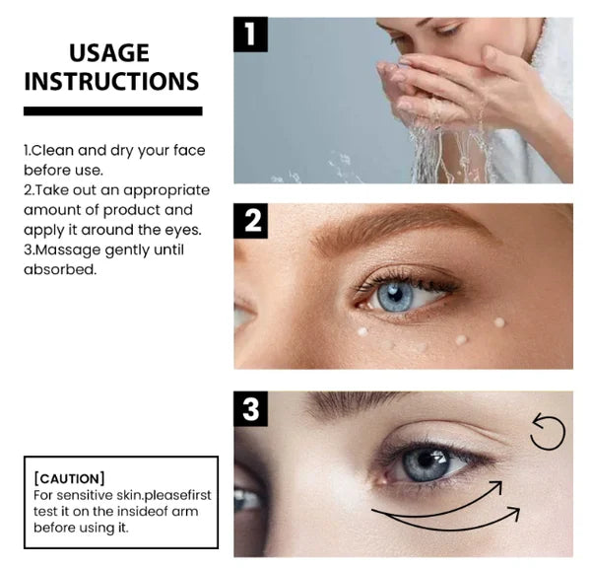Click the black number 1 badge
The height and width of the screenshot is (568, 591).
pyautogui.click(x=250, y=35)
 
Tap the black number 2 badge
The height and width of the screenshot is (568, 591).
pyautogui.click(x=250, y=221)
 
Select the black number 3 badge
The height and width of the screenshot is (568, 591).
pyautogui.click(x=250, y=408)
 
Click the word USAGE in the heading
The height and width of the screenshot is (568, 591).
pyautogui.click(x=109, y=53)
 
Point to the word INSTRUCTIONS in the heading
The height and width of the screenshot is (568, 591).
pyautogui.click(x=111, y=82)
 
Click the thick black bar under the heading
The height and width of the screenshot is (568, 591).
pyautogui.click(x=113, y=111)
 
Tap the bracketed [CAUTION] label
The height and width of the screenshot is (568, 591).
pyautogui.click(x=69, y=478)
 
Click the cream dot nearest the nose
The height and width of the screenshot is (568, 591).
pyautogui.click(x=362, y=331)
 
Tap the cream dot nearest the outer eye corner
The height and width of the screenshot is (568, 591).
pyautogui.click(x=499, y=321)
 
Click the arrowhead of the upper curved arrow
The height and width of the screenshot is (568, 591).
pyautogui.click(x=498, y=486)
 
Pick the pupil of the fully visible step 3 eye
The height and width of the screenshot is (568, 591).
pyautogui.click(x=426, y=460)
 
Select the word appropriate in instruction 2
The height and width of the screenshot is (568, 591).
pyautogui.click(x=166, y=190)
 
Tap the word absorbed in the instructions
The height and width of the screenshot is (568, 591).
pyautogui.click(x=60, y=269)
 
